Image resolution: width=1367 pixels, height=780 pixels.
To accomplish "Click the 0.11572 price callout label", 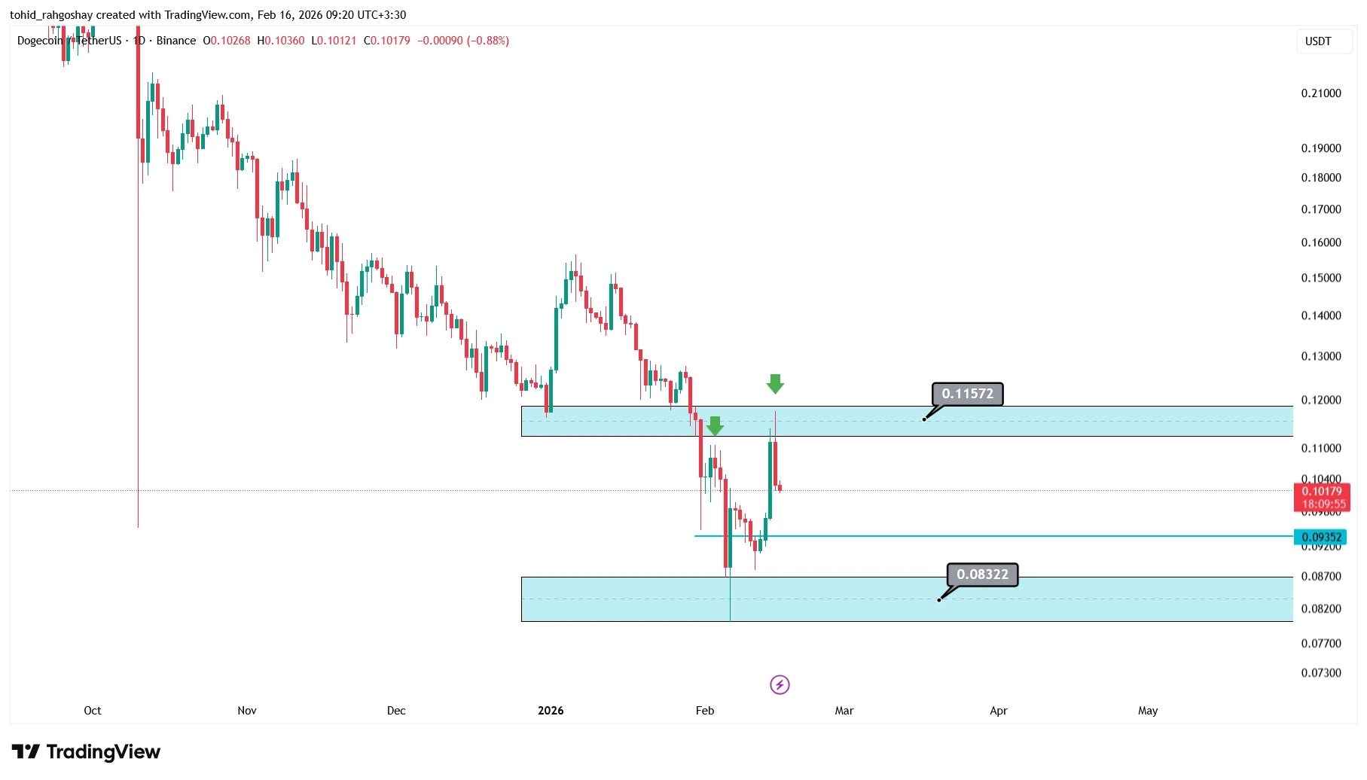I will tap(967, 394).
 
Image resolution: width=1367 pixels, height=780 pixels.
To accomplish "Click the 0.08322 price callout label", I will tap(982, 574).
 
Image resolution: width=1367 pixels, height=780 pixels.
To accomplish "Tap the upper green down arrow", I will tap(775, 384).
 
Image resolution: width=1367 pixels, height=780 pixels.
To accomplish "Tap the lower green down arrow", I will tap(715, 426).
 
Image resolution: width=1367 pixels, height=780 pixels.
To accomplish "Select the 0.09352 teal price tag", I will tap(1320, 537).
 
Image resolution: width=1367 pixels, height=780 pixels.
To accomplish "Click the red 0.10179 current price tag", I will tap(1321, 492).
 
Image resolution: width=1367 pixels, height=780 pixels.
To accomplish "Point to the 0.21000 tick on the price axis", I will tap(1321, 93).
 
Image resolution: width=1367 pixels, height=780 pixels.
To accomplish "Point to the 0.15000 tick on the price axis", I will tap(1321, 278).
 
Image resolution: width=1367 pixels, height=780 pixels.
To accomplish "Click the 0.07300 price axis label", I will tap(1321, 673).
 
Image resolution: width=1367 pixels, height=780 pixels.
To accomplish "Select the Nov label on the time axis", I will tap(247, 711).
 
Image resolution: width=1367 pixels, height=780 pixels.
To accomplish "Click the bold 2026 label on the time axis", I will tap(551, 711).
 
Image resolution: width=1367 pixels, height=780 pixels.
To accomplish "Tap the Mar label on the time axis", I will tap(844, 711).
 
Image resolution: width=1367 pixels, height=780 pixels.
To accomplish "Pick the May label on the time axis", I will tap(1148, 711).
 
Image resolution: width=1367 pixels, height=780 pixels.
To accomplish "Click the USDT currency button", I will tap(1318, 41).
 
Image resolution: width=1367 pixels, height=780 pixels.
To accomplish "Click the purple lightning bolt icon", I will tap(780, 684).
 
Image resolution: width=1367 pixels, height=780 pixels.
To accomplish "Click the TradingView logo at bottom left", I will tap(86, 751).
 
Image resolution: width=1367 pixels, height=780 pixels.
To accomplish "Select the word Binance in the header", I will tap(176, 41).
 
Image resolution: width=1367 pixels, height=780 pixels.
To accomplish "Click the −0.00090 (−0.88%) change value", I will tap(463, 41).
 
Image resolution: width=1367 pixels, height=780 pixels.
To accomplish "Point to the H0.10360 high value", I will tap(281, 41).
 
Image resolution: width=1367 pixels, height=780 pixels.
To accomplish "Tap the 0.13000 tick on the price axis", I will tap(1321, 356).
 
